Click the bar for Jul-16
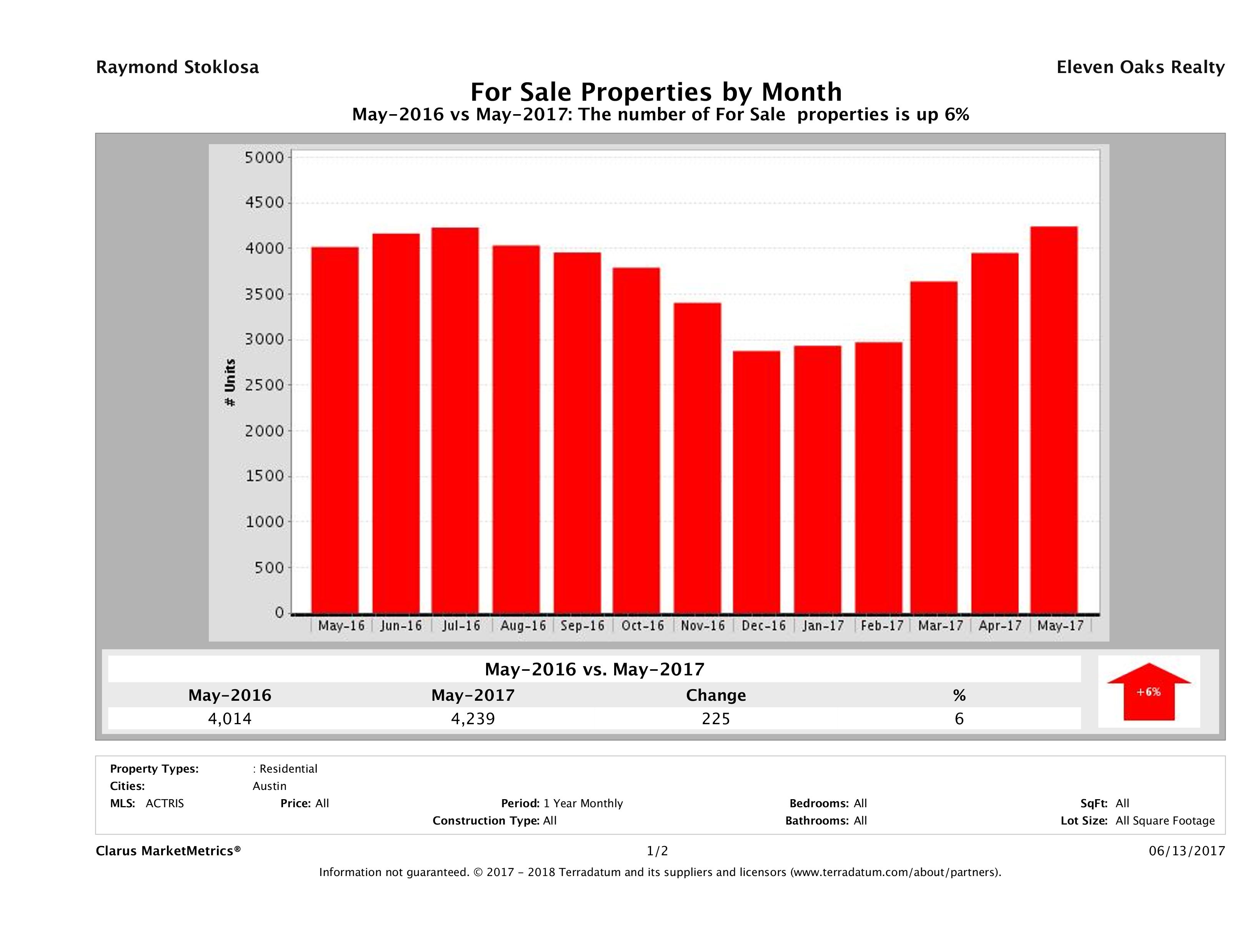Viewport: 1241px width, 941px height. coord(455,421)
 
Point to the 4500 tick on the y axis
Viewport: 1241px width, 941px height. coord(265,203)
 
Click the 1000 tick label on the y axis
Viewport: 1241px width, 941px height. coord(265,522)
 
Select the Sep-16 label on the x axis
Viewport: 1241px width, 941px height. coord(582,626)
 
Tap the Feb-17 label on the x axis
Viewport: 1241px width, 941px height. coord(882,626)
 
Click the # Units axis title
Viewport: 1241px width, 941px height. coord(230,382)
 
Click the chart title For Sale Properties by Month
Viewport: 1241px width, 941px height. coord(656,92)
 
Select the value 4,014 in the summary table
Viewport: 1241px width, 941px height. coord(230,718)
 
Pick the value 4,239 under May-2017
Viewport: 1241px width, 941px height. coord(473,718)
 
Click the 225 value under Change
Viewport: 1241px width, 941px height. coord(716,718)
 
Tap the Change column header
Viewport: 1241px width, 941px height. coord(716,695)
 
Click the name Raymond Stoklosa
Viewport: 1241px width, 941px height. coord(177,67)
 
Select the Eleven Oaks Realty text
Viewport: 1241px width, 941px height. coord(1140,67)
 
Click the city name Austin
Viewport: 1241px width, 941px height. coord(269,786)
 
